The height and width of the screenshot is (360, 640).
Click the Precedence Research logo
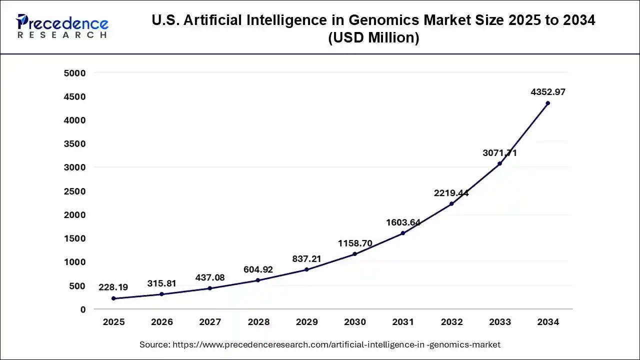(62, 26)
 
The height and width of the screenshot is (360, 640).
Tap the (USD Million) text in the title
(373, 37)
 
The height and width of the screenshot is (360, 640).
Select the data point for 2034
(547, 103)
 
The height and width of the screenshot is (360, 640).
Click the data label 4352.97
(547, 92)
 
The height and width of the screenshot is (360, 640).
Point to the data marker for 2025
(113, 298)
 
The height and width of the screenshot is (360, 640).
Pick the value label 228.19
(113, 287)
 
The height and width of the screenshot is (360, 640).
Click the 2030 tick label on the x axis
(355, 322)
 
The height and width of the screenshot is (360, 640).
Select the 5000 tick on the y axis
(75, 73)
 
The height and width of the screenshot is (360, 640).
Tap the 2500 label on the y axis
(75, 191)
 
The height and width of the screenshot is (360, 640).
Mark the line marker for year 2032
(451, 203)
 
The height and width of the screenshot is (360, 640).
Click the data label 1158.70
(355, 243)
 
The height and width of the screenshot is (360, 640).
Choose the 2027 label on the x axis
(210, 322)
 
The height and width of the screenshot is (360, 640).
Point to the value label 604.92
(258, 269)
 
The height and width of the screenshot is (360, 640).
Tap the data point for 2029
(306, 269)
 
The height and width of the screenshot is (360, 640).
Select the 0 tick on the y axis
(83, 309)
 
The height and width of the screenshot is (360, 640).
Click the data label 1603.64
(403, 222)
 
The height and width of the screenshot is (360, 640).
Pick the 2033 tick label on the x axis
(499, 322)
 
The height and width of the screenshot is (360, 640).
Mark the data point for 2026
(161, 294)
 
